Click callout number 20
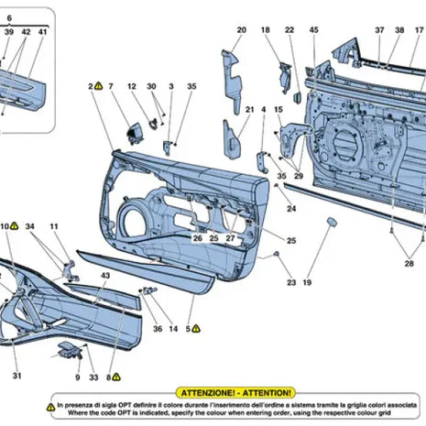tap(242, 30)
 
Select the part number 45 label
tap(313, 30)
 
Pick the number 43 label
tap(105, 276)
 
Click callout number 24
tap(291, 209)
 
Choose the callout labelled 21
tap(248, 109)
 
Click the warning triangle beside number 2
tap(100, 85)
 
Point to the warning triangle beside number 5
tap(196, 327)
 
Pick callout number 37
tap(380, 30)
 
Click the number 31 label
tap(16, 376)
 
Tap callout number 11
tap(54, 225)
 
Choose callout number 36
tap(158, 327)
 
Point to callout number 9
tap(78, 377)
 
